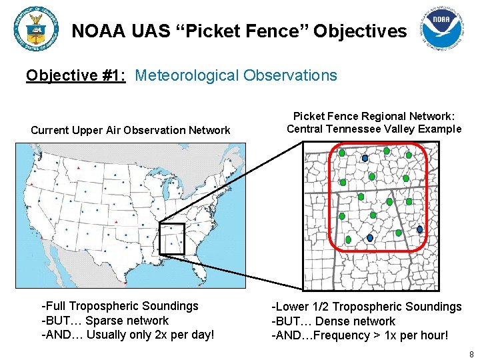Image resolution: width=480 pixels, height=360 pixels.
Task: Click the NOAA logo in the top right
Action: (443, 31)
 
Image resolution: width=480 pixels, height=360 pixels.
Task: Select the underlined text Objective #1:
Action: (76, 75)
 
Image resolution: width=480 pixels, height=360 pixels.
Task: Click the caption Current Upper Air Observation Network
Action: (131, 130)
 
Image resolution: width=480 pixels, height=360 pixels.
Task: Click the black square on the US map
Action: (171, 239)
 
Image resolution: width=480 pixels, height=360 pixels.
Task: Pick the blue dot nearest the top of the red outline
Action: (365, 158)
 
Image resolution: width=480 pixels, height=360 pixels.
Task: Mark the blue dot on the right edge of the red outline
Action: (420, 229)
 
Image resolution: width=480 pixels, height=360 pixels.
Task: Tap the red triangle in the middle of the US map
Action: (117, 222)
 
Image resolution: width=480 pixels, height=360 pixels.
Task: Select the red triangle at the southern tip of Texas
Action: (124, 282)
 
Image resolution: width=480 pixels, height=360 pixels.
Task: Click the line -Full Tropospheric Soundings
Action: (120, 306)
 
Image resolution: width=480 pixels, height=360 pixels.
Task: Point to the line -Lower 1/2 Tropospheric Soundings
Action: (366, 307)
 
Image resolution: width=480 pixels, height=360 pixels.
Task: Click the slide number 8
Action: (471, 354)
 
